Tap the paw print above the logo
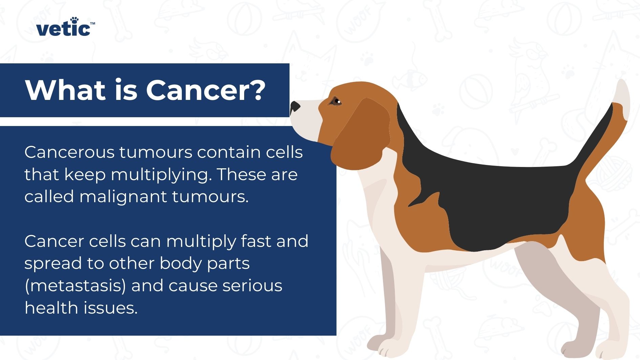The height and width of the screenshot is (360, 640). [x=74, y=20]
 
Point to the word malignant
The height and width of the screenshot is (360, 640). [x=123, y=197]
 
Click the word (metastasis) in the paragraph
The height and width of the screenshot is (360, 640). [x=75, y=285]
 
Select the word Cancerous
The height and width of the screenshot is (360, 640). [x=69, y=152]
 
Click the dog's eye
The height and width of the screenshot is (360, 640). [x=336, y=101]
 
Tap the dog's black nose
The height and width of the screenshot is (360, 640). [x=295, y=107]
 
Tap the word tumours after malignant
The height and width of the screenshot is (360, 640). [x=210, y=197]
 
